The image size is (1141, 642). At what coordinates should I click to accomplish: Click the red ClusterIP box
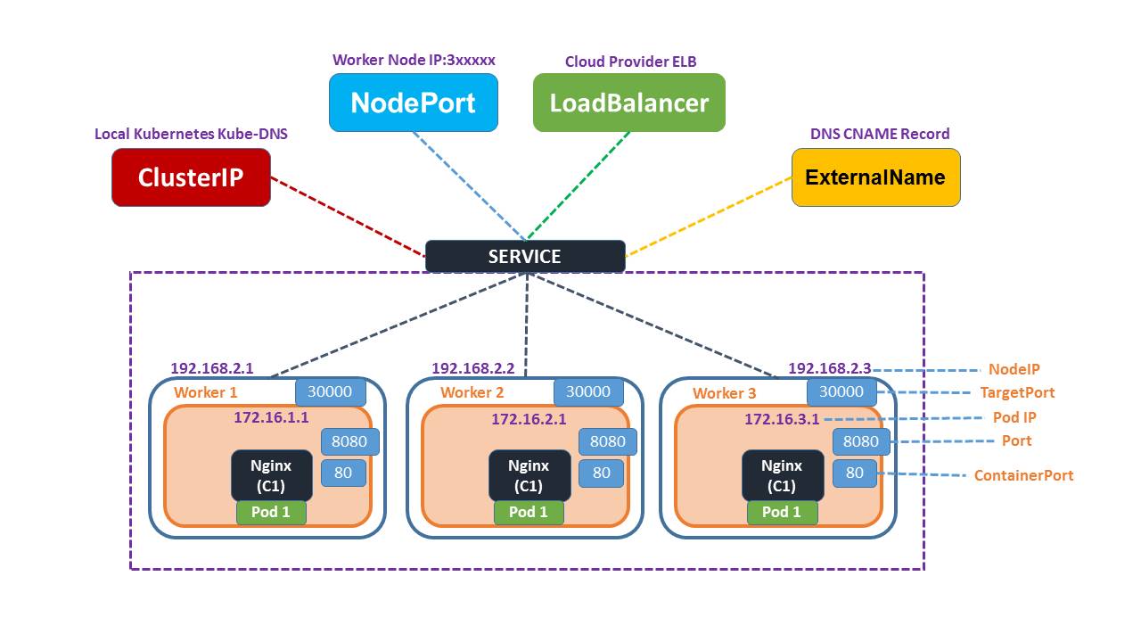click(x=191, y=177)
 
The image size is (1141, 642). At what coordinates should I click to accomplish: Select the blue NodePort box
click(x=413, y=103)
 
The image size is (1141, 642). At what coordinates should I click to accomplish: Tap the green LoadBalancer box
click(x=628, y=103)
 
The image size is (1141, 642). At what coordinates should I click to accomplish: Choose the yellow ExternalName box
click(x=875, y=177)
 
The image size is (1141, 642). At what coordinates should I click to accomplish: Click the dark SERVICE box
click(x=525, y=257)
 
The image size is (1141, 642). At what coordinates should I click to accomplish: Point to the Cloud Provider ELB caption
click(x=630, y=62)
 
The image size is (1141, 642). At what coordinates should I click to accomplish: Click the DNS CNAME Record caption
click(x=879, y=134)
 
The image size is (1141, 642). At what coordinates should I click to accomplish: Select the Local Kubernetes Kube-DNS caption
click(x=191, y=134)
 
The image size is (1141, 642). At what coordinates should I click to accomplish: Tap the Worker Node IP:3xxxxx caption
click(x=414, y=60)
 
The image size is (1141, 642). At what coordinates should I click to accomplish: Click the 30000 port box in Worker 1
click(x=330, y=391)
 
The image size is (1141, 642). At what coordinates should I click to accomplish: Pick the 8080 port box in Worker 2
click(x=607, y=441)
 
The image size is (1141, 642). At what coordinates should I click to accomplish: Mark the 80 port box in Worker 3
click(x=854, y=473)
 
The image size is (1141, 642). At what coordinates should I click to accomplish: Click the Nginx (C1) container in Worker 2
click(x=529, y=475)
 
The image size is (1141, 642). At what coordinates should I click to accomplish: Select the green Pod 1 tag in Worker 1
click(x=271, y=512)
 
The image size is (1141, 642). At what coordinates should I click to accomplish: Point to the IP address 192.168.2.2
click(x=472, y=368)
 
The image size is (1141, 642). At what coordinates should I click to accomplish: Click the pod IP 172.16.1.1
click(x=271, y=417)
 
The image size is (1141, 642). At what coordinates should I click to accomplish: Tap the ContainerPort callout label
click(x=1023, y=475)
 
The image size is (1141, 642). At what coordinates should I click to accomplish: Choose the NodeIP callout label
click(x=1014, y=369)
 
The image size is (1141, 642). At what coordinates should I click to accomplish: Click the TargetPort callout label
click(x=1016, y=392)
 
